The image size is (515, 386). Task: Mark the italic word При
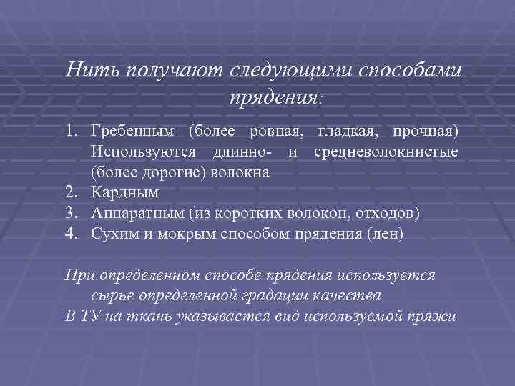(76, 275)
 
